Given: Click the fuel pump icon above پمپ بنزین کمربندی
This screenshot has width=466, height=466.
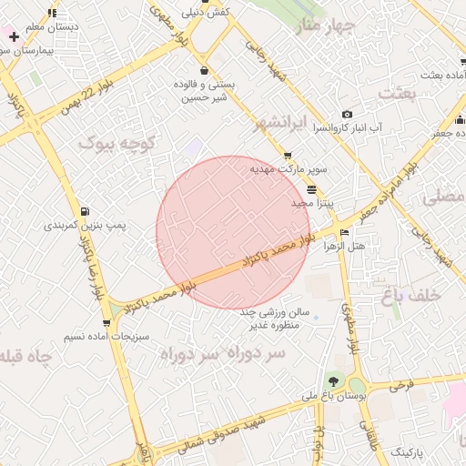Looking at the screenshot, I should [86, 210].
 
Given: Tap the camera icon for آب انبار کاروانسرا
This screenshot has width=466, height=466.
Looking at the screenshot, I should [347, 114].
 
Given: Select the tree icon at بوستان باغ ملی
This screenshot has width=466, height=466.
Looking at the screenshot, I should [333, 382].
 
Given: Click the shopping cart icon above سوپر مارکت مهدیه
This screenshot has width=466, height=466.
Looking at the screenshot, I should [289, 157].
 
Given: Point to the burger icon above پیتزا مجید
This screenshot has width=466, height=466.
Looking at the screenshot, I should [312, 190].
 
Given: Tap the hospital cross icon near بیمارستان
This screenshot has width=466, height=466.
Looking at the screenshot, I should [14, 36].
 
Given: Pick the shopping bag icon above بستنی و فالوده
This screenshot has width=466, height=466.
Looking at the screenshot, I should [203, 70].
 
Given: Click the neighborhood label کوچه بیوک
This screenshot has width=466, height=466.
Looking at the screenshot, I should [117, 142].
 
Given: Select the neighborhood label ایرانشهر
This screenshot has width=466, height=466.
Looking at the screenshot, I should [263, 121].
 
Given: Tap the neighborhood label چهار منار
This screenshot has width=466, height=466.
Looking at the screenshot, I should [311, 26].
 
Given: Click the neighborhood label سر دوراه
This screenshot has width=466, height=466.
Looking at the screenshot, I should [223, 352].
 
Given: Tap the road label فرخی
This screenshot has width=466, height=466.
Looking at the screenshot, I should [401, 385].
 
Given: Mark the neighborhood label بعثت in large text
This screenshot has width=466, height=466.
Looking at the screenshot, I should [395, 94].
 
